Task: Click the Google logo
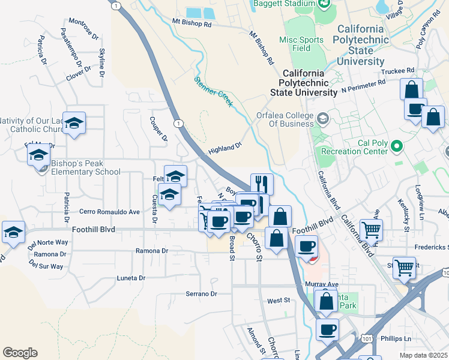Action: click(x=20, y=353)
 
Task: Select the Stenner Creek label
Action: click(x=213, y=91)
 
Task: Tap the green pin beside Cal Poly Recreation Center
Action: click(x=397, y=146)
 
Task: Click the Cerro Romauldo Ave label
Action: click(x=110, y=212)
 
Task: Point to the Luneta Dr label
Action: click(x=130, y=278)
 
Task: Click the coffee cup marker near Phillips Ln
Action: click(x=328, y=329)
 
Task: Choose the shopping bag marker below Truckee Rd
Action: click(x=412, y=89)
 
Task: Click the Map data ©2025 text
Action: click(x=423, y=355)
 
